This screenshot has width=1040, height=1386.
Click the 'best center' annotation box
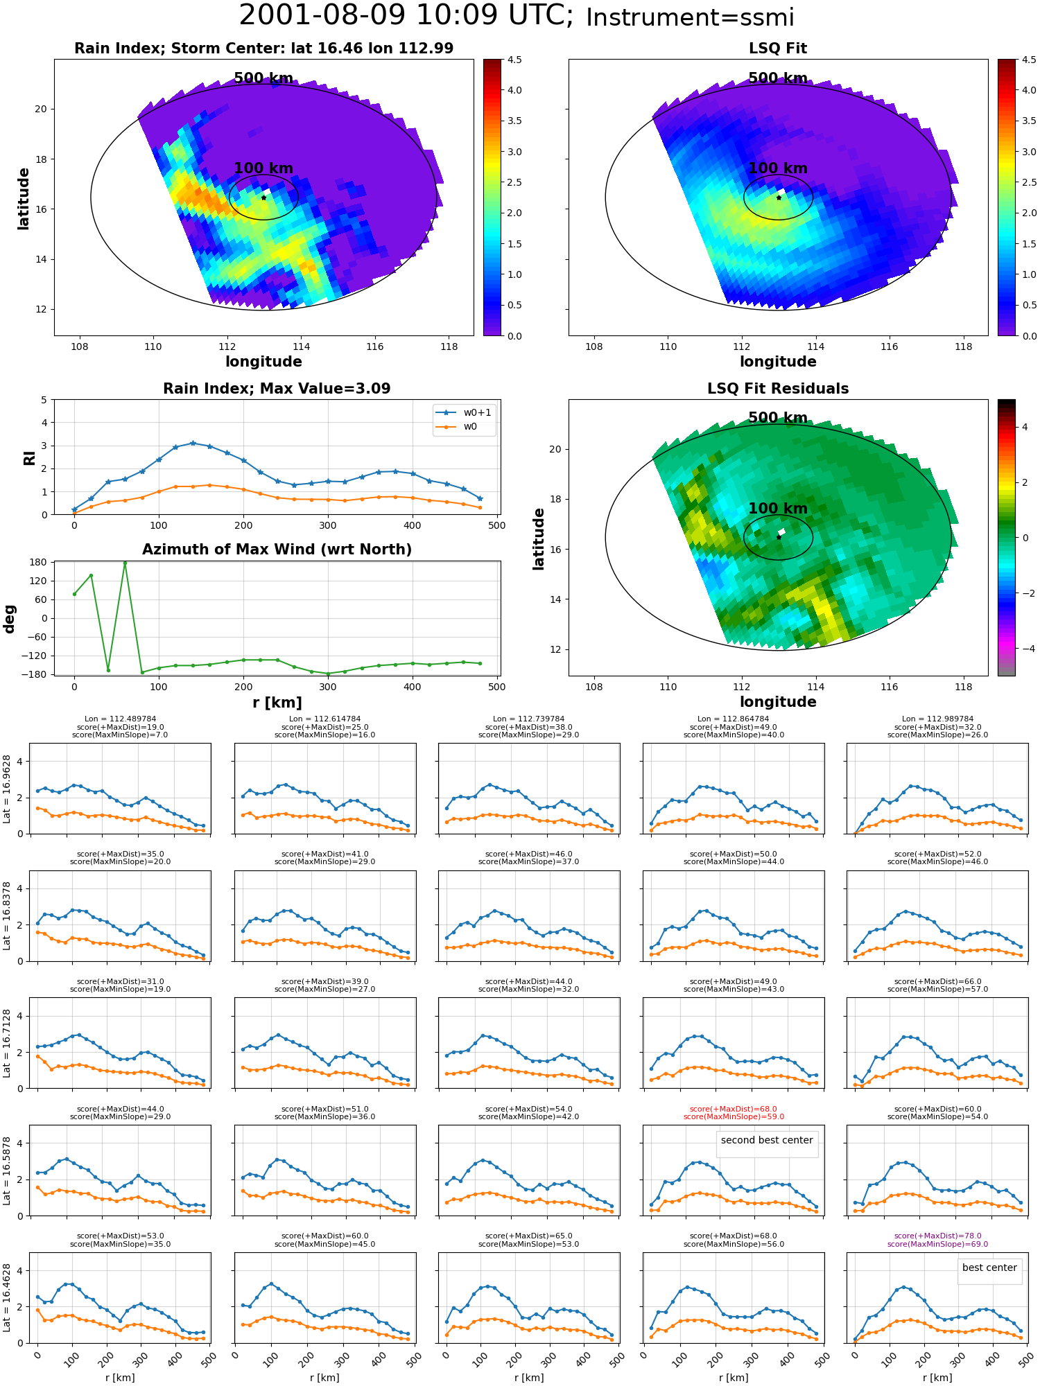pos(989,1267)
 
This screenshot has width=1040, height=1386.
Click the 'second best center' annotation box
pos(767,1140)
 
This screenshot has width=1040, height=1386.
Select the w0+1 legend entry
pos(464,412)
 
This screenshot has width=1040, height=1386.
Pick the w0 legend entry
pos(457,427)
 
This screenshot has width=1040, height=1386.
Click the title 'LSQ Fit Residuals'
pos(778,389)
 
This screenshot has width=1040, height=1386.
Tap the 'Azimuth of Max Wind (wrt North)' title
pos(277,550)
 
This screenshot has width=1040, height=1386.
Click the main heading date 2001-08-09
pos(322,15)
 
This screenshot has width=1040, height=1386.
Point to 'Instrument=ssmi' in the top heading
pos(690,17)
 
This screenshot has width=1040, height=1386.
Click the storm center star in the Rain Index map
pos(263,198)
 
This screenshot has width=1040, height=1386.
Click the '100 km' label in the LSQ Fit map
pos(778,168)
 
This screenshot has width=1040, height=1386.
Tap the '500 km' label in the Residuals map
pos(778,418)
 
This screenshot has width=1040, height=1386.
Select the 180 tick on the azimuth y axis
pos(40,562)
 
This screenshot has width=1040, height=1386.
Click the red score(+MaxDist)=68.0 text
pos(734,1109)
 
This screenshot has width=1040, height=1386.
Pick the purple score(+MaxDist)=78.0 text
pos(937,1236)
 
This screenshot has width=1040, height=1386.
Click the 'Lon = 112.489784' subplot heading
pos(120,719)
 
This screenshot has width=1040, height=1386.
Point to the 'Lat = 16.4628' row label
pos(7,1298)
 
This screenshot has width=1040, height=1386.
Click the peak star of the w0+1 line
pos(193,443)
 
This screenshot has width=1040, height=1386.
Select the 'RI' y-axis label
pos(29,457)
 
